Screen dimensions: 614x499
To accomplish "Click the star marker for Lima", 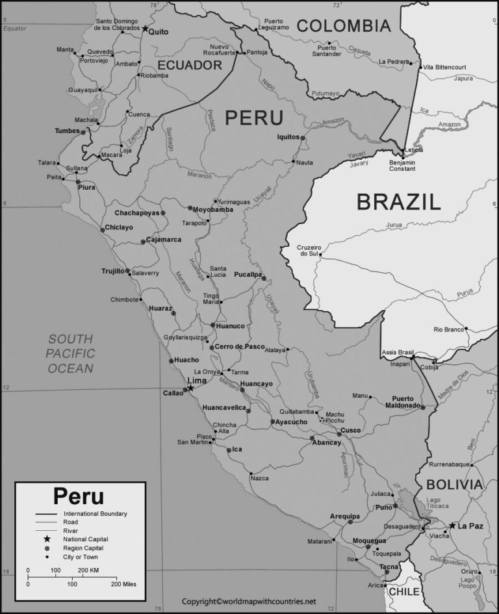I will click(190, 389).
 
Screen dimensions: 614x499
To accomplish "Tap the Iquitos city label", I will click(288, 137).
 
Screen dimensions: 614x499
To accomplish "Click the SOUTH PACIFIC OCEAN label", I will click(70, 354).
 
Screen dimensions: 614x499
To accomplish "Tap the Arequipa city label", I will click(344, 515).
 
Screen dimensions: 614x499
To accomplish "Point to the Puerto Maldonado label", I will click(407, 402).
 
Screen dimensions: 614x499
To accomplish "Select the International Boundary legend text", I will click(95, 514).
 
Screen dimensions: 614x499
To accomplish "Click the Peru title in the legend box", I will click(78, 496).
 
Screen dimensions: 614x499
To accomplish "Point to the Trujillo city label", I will click(112, 271).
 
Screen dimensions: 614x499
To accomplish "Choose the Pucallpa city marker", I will click(264, 278).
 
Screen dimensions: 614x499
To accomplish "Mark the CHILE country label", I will click(404, 592).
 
